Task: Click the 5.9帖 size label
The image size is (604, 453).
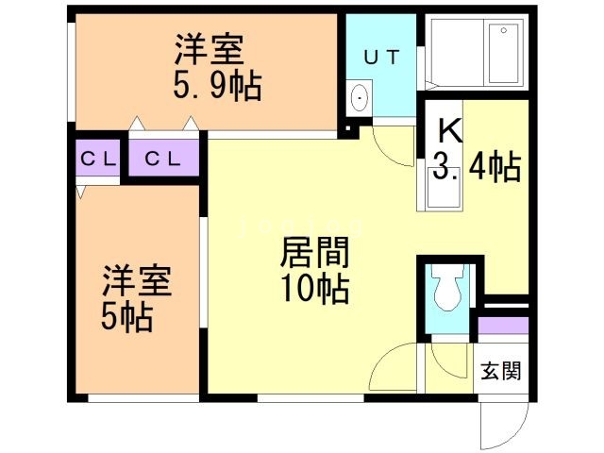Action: (217, 87)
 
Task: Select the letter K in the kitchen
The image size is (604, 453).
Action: (449, 129)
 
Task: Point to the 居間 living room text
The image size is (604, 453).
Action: (315, 253)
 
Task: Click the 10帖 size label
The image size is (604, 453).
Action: (315, 288)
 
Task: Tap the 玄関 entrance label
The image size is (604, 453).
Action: (499, 370)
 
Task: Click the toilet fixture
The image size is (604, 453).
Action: (445, 288)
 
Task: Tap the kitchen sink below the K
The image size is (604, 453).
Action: (442, 194)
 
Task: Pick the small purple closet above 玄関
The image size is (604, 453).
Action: (501, 329)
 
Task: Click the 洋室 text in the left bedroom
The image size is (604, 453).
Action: (137, 281)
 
